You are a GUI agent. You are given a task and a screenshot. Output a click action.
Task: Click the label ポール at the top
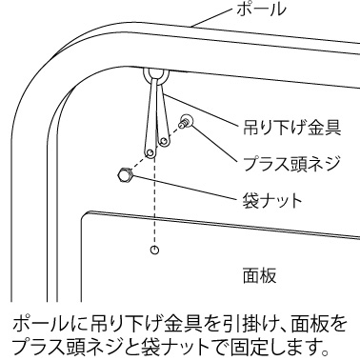tap(261, 9)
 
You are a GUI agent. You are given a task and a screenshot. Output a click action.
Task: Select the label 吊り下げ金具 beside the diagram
tap(291, 128)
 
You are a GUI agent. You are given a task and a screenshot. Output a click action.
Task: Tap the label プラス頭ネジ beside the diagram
tap(291, 164)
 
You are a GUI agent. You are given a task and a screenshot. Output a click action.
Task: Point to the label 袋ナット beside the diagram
tap(272, 201)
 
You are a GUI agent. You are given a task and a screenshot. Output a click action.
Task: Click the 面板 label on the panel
tap(259, 275)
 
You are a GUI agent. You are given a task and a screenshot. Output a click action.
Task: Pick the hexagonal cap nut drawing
tap(125, 175)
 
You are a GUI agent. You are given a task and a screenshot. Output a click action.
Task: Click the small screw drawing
tap(185, 121)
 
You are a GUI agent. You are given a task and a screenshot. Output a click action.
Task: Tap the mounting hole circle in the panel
tap(154, 251)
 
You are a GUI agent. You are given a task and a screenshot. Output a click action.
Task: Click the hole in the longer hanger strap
tap(150, 153)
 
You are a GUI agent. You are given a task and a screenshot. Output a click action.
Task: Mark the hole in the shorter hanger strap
tap(164, 141)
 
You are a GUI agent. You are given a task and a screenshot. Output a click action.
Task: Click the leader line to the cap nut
tap(185, 187)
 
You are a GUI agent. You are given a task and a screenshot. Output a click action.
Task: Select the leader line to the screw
tap(214, 144)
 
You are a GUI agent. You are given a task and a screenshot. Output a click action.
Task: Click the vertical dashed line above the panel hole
tap(154, 201)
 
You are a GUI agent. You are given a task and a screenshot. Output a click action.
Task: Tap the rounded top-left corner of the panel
tap(85, 215)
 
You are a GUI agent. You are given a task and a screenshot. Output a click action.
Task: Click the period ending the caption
tap(324, 351)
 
